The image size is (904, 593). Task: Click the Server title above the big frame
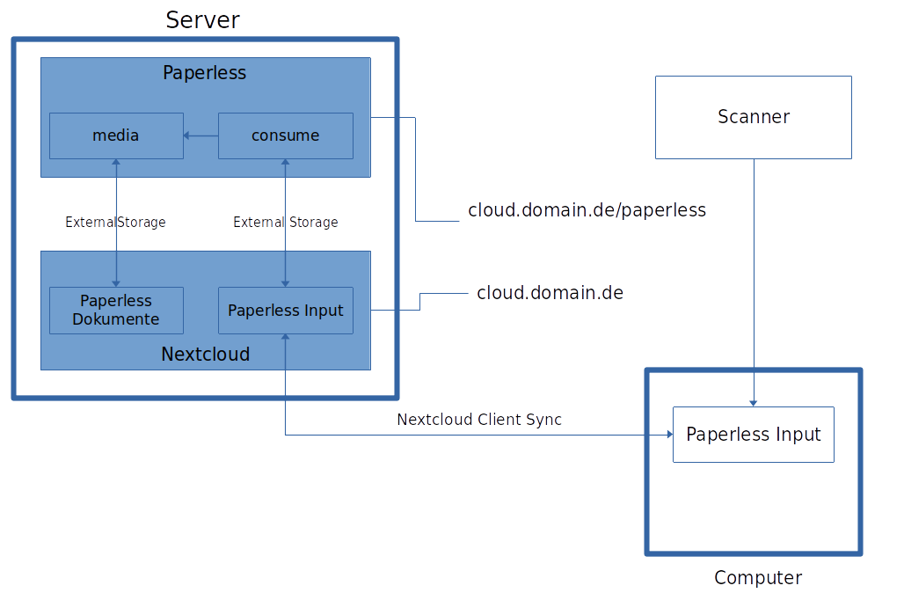202,19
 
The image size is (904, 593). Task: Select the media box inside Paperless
116,135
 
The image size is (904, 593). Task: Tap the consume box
285,135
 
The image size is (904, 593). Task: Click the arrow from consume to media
201,135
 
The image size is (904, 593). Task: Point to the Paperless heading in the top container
204,73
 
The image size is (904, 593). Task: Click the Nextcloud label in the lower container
205,355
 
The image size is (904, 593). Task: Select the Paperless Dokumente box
116,310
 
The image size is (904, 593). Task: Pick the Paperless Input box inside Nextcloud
285,311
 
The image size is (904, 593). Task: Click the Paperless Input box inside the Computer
753,435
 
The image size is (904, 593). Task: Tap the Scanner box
753,117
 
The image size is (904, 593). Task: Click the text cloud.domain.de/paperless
587,210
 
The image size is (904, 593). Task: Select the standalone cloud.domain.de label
550,293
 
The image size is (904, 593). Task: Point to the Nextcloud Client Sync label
478,420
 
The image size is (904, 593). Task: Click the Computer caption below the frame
757,578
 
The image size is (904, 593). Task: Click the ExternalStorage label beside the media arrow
115,223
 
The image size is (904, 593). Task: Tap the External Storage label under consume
285,223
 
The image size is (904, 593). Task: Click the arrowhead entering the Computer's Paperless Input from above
754,402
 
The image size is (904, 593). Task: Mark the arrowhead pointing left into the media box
187,135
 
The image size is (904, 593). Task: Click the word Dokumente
116,319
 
